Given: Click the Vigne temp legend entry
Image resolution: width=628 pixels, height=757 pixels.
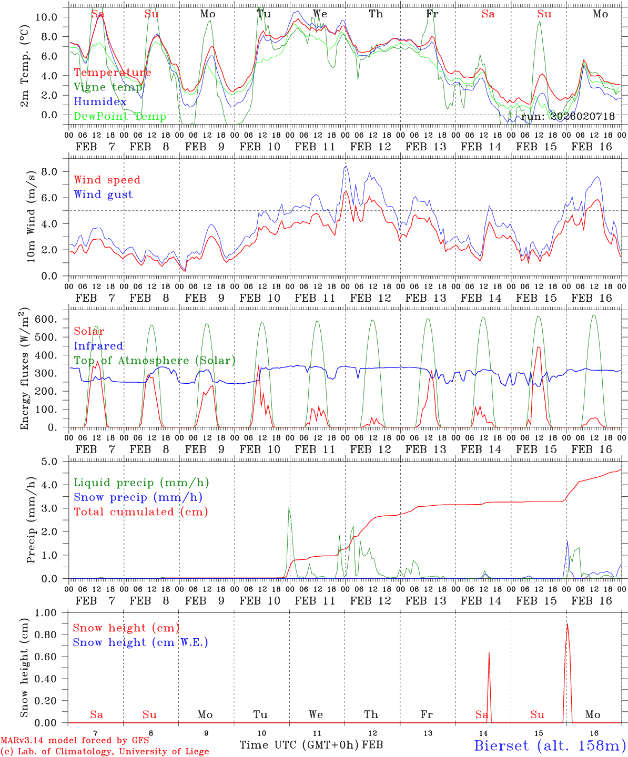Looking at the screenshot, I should (108, 87).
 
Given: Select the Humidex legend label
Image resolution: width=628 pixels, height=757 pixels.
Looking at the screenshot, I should (100, 102).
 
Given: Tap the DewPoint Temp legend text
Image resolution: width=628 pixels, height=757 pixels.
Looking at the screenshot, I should (120, 117).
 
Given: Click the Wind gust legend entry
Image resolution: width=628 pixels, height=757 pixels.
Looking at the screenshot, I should (103, 195).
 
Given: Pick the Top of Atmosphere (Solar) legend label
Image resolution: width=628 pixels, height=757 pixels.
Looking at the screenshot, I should (154, 361).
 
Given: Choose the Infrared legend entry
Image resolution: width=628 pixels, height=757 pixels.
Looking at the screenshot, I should (98, 346).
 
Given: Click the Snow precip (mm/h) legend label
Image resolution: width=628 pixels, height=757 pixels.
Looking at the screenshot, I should (138, 497).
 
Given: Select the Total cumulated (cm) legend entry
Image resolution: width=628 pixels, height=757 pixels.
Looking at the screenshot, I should (140, 512).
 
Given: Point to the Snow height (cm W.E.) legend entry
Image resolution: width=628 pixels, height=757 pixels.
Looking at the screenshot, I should (140, 642).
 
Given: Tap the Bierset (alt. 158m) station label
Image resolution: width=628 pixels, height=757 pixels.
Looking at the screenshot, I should (550, 745).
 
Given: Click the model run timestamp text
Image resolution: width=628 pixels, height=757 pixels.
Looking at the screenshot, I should (568, 117).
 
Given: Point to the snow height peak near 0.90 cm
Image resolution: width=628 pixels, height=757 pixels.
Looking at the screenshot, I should (567, 624).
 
